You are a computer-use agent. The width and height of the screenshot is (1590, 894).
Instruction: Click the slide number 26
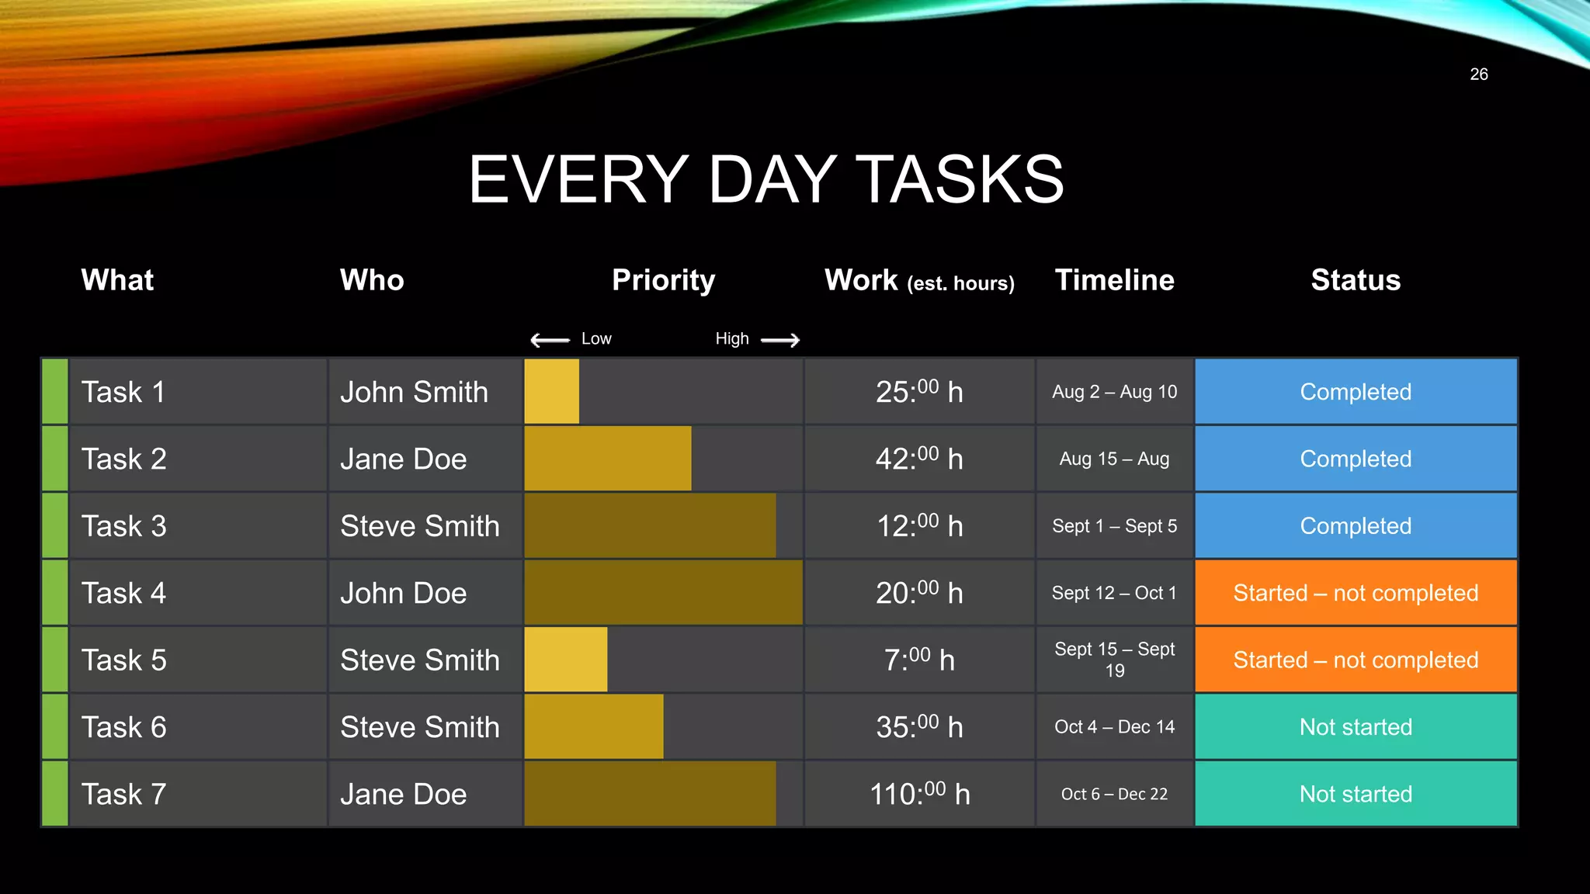point(1478,74)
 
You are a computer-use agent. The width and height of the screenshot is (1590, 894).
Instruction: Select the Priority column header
point(663,280)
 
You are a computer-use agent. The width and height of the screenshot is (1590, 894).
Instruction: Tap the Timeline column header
point(1114,280)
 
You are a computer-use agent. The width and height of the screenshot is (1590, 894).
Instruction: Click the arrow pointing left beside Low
point(550,340)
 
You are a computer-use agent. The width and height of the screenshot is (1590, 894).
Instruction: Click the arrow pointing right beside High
point(780,340)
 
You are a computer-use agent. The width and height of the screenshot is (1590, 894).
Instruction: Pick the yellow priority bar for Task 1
point(551,392)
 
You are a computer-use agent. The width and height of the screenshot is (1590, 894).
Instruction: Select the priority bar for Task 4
point(663,593)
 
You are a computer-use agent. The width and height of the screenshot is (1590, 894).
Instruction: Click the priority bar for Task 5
point(565,660)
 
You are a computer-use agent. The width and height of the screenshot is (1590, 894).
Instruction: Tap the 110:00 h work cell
point(919,794)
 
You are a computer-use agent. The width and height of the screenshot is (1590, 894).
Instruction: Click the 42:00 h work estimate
point(919,459)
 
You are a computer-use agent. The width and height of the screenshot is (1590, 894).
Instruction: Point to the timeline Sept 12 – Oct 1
point(1114,593)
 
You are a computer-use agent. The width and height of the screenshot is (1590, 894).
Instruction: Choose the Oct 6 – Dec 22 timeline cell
point(1114,794)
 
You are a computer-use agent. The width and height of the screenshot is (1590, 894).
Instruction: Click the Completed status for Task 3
point(1356,526)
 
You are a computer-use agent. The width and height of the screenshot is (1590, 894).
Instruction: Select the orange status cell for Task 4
point(1356,593)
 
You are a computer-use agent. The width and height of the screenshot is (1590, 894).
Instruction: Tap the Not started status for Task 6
point(1356,727)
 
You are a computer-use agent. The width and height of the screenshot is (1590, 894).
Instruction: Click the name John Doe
point(403,593)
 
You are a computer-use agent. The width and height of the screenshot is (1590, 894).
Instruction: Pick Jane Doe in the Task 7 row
point(403,794)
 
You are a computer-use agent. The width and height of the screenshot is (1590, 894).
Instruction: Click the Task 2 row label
point(123,459)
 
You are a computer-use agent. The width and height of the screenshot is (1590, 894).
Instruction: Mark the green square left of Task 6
point(54,727)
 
